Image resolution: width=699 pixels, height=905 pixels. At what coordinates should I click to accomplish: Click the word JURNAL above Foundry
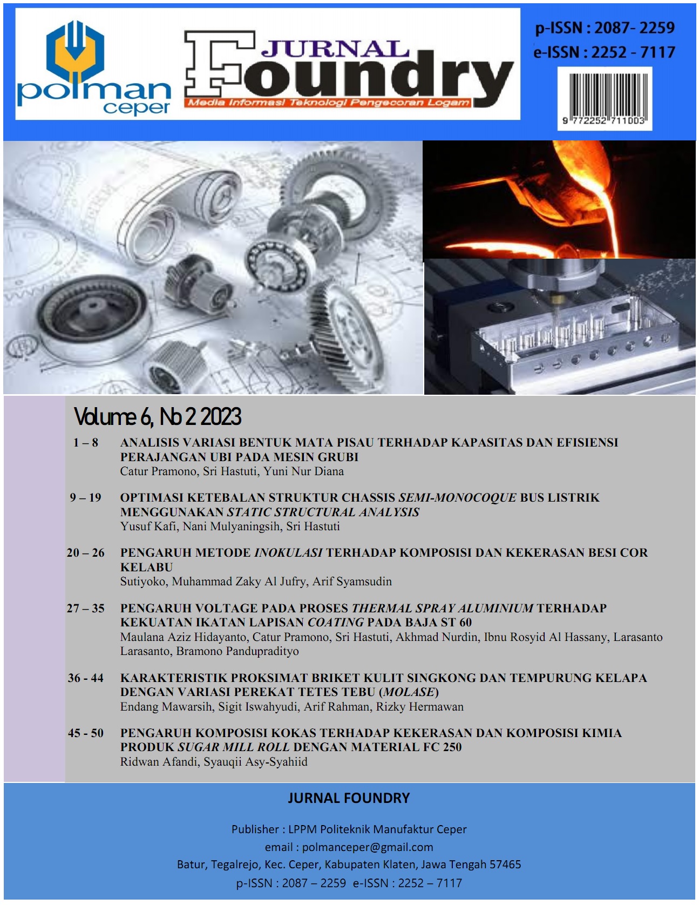(x=335, y=49)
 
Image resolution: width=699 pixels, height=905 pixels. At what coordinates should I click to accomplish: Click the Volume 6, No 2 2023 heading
(x=157, y=416)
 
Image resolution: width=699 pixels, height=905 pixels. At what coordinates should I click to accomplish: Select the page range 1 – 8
(x=86, y=443)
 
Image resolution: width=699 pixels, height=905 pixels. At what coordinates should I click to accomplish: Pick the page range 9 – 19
(x=85, y=498)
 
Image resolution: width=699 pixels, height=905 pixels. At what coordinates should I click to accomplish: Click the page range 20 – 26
(x=85, y=553)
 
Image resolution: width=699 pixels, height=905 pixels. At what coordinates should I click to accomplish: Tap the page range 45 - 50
(x=85, y=733)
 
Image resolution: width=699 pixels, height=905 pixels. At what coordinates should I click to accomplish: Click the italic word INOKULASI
(x=288, y=553)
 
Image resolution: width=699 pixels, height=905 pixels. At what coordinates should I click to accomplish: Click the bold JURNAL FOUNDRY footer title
(x=349, y=798)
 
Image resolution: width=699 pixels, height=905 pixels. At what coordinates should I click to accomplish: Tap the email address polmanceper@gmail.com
(x=368, y=847)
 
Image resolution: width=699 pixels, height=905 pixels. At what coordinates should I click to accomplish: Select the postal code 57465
(x=505, y=865)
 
